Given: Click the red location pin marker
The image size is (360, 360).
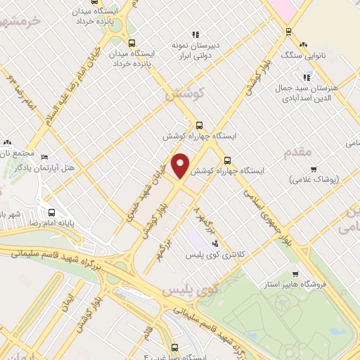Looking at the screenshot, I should (181, 165).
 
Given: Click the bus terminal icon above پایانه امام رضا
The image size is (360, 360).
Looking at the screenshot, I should (51, 212).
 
